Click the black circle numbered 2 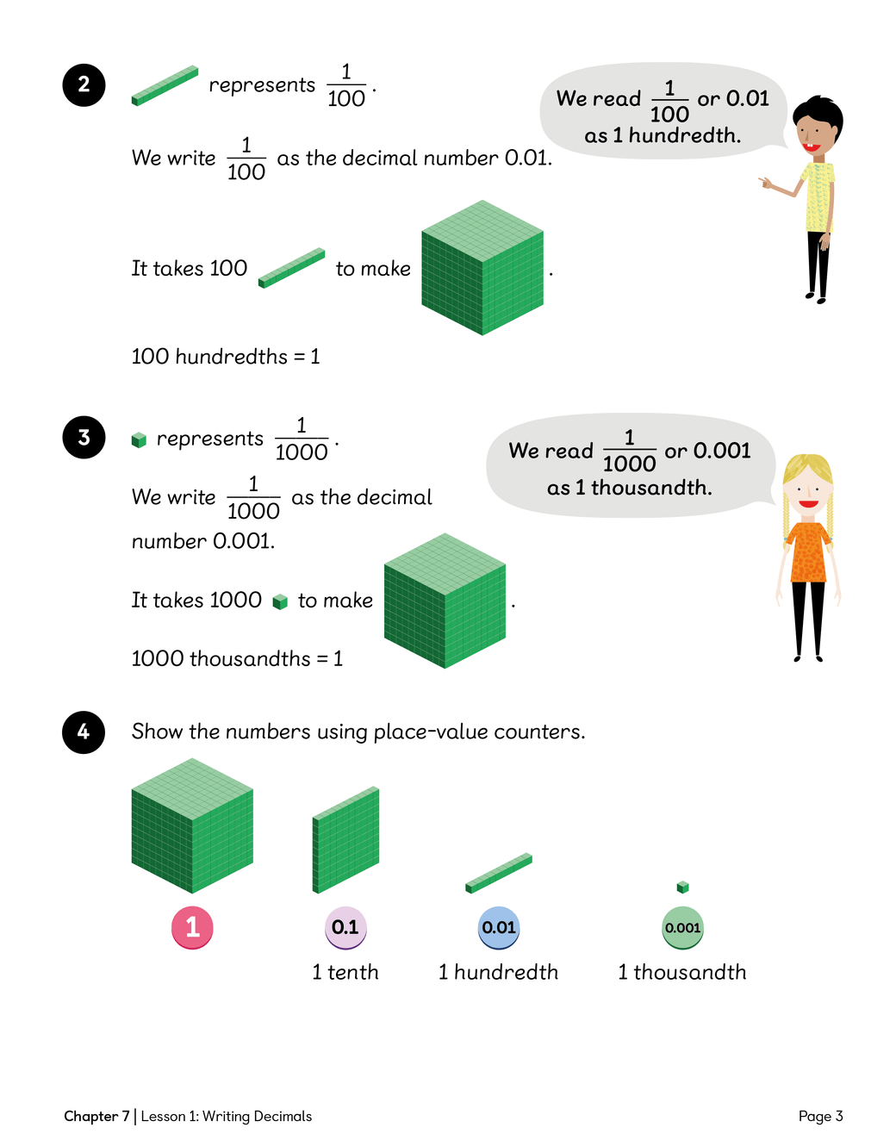84,85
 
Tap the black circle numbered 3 84,437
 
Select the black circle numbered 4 84,732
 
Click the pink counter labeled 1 192,928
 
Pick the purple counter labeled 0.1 345,928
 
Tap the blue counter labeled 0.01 499,928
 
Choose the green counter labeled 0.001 682,928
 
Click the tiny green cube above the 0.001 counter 682,887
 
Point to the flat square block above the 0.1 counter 345,839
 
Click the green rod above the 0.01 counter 499,873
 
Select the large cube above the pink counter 192,825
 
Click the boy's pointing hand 765,183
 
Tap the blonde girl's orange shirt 808,552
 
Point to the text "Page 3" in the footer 821,1116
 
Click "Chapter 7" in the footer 96,1116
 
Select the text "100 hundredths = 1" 226,357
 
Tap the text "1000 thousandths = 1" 237,658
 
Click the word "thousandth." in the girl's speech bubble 651,488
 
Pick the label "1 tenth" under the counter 345,972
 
